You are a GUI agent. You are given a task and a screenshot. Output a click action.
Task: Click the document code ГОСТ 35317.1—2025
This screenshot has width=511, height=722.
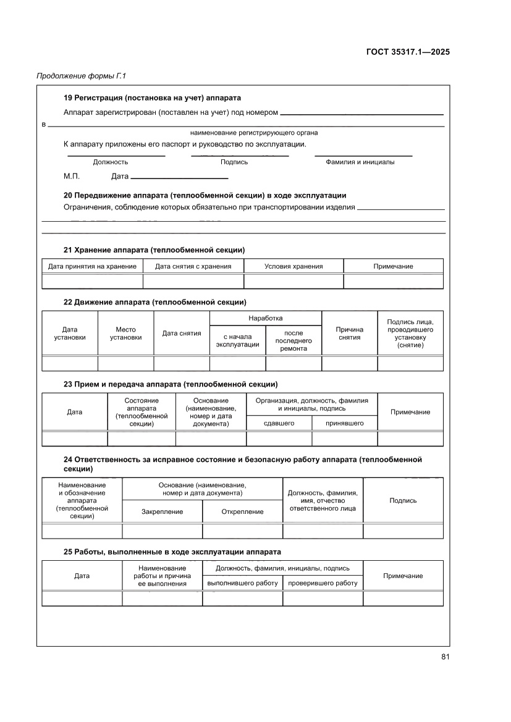[x=408, y=52]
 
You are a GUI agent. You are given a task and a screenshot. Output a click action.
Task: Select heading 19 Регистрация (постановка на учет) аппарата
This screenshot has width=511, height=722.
[x=152, y=98]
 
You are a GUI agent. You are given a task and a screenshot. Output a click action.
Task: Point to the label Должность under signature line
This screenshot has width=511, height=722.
[x=111, y=162]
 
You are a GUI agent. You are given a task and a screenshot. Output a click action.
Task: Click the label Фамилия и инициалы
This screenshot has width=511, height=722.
[x=360, y=162]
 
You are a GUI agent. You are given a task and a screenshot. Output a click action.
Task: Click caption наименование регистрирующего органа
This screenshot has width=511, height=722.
[x=254, y=133]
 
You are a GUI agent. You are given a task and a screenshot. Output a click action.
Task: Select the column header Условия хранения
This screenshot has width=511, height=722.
[x=294, y=266]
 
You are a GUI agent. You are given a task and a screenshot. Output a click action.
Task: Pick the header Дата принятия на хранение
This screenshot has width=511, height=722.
[x=92, y=266]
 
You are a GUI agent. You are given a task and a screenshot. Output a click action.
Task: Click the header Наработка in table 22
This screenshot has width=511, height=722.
[x=266, y=318]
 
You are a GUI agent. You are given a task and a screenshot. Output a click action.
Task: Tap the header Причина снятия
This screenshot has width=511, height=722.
[x=350, y=334]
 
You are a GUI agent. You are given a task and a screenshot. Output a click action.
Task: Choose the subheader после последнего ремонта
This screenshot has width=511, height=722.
[x=294, y=341]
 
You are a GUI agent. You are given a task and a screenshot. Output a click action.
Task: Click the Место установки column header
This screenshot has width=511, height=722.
[x=125, y=334]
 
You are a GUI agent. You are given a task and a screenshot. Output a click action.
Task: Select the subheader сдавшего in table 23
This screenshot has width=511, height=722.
[x=279, y=423]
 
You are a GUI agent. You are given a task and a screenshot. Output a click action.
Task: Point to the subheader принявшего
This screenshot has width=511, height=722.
[x=344, y=423]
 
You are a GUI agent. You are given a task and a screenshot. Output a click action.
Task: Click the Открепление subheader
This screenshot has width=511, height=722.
[x=242, y=511]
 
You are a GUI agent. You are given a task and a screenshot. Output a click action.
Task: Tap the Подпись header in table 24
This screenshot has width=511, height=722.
[x=403, y=500]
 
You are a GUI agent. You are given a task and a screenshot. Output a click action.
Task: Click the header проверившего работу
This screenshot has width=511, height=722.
[x=323, y=583]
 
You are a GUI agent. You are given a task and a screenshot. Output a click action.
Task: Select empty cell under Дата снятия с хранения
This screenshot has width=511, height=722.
[x=193, y=282]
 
